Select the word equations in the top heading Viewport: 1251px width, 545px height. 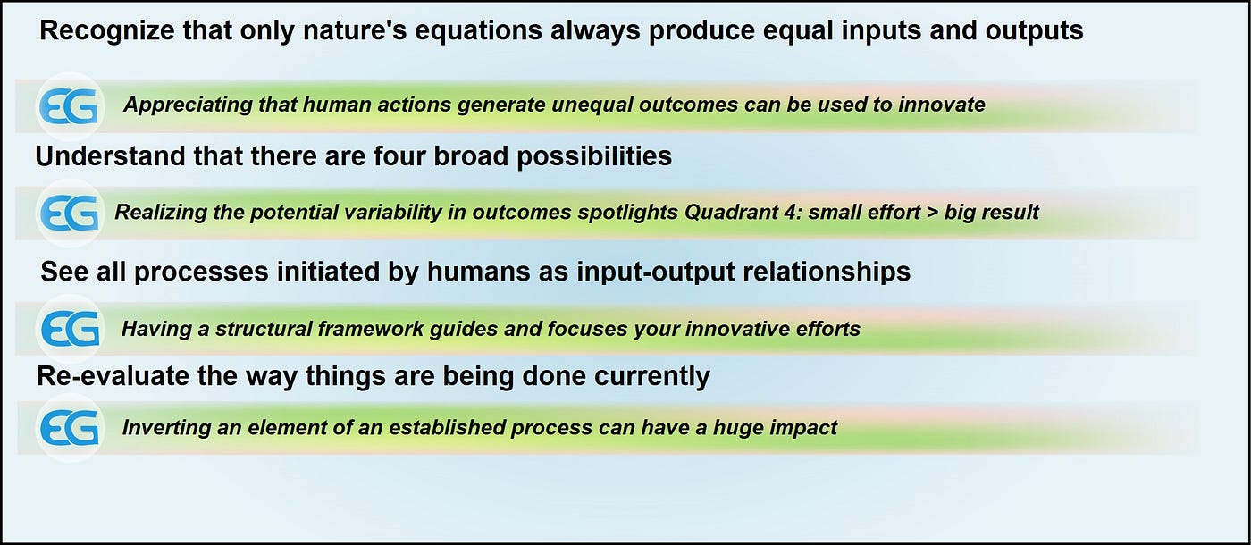(x=478, y=31)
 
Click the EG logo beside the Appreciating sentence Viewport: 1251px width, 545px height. (x=70, y=106)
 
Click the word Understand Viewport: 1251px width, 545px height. (x=110, y=155)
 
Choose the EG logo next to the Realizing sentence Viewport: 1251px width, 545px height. (x=70, y=213)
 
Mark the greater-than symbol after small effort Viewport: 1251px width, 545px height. (x=932, y=213)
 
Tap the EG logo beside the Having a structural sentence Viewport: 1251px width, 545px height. (x=70, y=329)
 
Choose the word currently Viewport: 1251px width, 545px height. (x=652, y=377)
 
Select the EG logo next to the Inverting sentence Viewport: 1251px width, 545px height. (x=70, y=428)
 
